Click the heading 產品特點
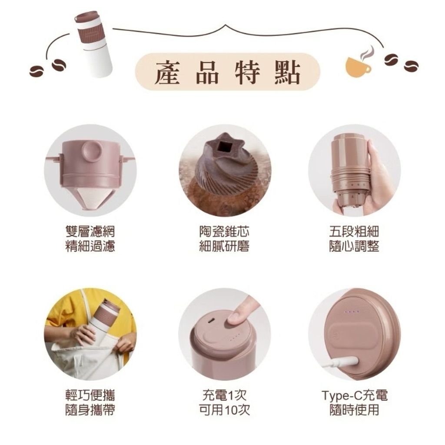pos(227,73)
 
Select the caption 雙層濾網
pos(90,231)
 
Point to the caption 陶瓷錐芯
pos(224,231)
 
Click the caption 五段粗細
pos(354,231)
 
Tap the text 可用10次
pos(225,409)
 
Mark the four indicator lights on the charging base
pos(352,312)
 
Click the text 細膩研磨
pos(224,246)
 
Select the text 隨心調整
pos(354,246)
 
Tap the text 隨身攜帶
pos(90,409)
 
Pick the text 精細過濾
pos(90,246)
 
